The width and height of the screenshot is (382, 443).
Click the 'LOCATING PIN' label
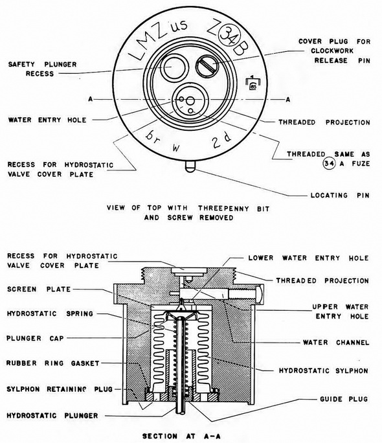click(340, 195)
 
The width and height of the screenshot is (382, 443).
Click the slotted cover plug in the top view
click(208, 66)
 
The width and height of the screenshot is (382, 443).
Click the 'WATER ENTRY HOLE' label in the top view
click(47, 120)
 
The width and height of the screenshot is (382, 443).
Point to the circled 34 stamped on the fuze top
click(230, 35)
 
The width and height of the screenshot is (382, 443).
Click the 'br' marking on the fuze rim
click(153, 137)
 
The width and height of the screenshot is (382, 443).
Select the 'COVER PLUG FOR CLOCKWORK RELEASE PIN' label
click(334, 51)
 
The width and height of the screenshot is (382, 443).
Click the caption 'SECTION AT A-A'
click(181, 436)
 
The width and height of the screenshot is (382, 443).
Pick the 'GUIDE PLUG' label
click(344, 399)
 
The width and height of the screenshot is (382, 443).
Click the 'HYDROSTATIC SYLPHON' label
click(324, 370)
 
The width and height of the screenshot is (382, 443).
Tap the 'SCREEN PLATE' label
click(39, 290)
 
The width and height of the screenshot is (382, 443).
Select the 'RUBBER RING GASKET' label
click(53, 363)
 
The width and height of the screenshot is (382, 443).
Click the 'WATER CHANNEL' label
click(335, 343)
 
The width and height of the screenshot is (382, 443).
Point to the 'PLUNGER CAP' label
click(36, 338)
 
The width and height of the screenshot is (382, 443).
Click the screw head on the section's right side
click(260, 295)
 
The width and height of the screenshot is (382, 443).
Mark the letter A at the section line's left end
click(91, 99)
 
